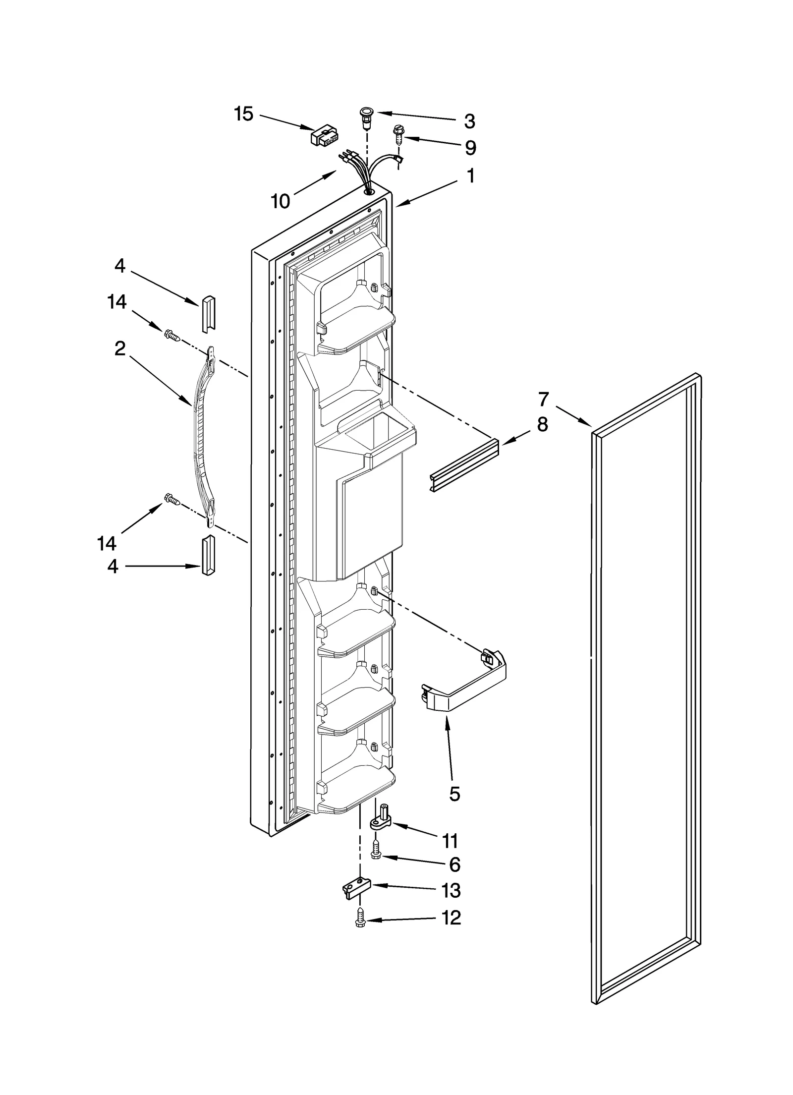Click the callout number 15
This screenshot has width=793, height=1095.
(243, 114)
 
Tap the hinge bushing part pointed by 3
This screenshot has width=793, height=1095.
(366, 117)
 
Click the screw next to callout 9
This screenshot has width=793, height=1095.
(397, 134)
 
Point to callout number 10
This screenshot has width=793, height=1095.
(281, 201)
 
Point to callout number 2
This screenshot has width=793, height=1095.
(119, 349)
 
